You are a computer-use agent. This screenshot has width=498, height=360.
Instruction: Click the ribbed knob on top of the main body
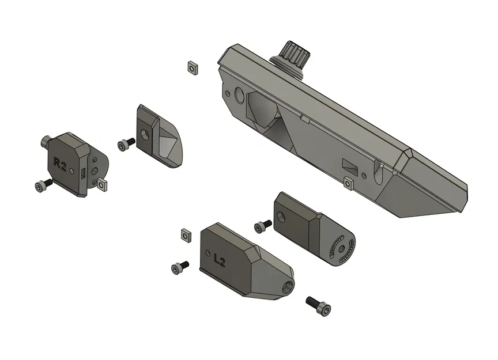295,58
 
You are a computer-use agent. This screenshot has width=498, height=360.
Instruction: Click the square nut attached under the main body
348,183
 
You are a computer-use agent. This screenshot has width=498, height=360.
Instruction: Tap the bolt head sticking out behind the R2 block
47,141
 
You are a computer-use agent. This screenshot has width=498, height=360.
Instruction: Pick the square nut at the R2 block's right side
103,184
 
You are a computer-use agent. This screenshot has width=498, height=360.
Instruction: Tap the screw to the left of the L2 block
180,267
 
